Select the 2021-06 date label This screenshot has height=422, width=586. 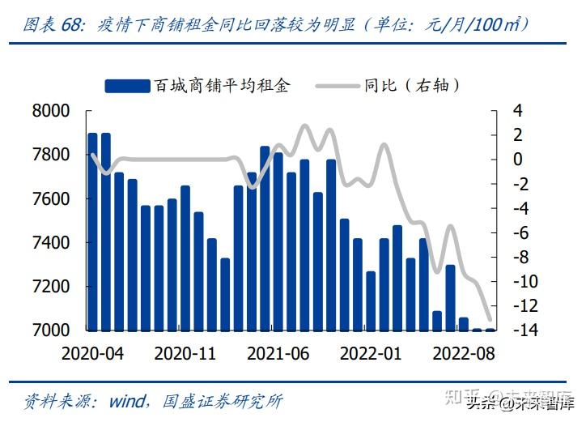(x=278, y=354)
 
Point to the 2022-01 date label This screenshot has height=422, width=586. (x=371, y=354)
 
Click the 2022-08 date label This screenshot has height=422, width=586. (x=464, y=354)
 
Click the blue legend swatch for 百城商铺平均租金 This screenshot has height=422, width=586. (x=128, y=85)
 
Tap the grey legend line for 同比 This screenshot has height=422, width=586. (x=337, y=85)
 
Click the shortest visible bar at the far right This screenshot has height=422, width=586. (x=490, y=329)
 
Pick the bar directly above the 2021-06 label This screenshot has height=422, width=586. (x=278, y=241)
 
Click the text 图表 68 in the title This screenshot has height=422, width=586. (x=53, y=24)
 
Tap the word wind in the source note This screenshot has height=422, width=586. (x=127, y=401)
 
